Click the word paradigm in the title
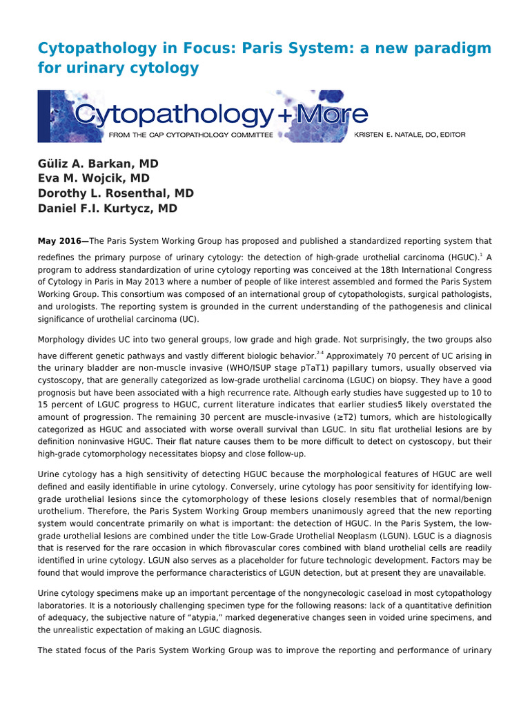tap(452, 48)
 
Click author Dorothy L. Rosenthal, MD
tap(115, 193)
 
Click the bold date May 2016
tap(61, 241)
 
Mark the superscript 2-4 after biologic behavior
tap(320, 353)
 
